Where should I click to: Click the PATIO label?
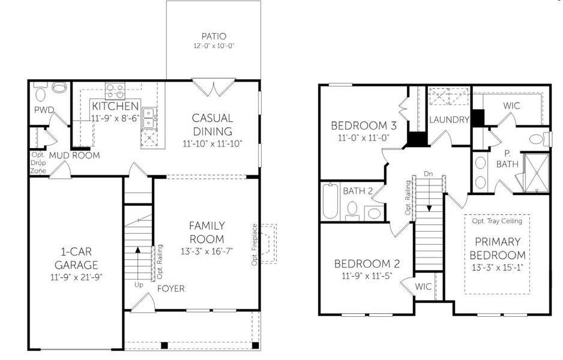(213, 35)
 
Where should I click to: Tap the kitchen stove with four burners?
(115, 91)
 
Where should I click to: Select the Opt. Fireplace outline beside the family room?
(269, 244)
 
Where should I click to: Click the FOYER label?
(171, 289)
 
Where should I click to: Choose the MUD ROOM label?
(74, 155)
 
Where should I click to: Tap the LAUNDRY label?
(448, 120)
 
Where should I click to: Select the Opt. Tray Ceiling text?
(497, 221)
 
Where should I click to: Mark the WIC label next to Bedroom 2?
(423, 286)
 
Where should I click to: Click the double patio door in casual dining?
(214, 88)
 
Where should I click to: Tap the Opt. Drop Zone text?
(38, 162)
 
